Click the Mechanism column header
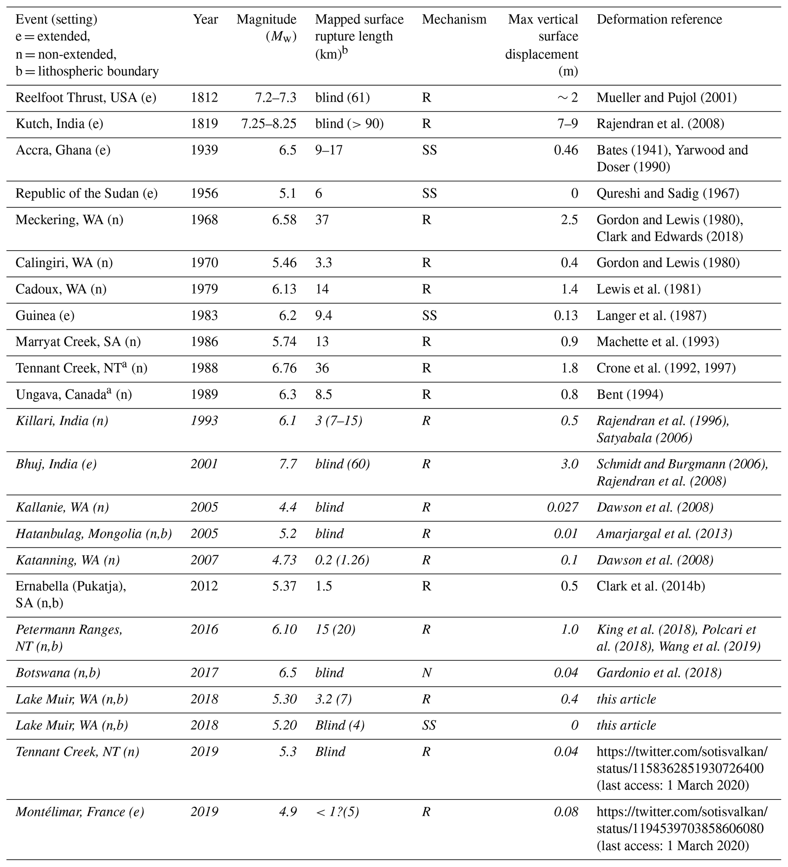[454, 19]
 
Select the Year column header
[205, 19]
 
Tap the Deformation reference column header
[659, 19]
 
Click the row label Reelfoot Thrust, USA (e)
[86, 98]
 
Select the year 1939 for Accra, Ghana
[204, 150]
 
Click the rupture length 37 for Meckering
[322, 220]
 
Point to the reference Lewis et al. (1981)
[648, 289]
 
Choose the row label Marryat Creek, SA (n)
[78, 341]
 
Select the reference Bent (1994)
[629, 394]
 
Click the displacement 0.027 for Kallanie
[562, 507]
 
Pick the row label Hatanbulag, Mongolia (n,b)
[94, 534]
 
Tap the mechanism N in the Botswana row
[427, 672]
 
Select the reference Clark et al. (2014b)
[650, 586]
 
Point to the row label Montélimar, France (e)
[80, 812]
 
